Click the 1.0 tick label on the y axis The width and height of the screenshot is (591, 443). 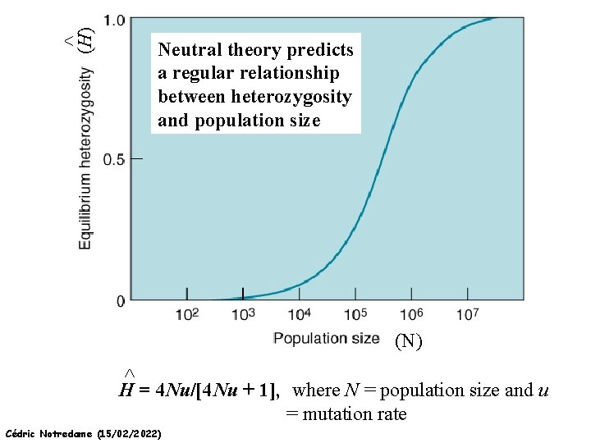pyautogui.click(x=115, y=19)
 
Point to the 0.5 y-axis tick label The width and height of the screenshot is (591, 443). pyautogui.click(x=114, y=158)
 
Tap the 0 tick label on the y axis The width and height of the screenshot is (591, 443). pyautogui.click(x=121, y=301)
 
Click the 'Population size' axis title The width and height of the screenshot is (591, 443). pyautogui.click(x=326, y=338)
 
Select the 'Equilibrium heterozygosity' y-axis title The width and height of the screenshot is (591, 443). pyautogui.click(x=85, y=158)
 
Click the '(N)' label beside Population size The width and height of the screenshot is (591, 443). pyautogui.click(x=408, y=341)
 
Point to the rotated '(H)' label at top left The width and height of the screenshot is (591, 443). pyautogui.click(x=84, y=37)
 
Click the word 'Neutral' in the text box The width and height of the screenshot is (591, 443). pyautogui.click(x=190, y=50)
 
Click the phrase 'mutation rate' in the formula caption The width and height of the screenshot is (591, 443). pyautogui.click(x=355, y=414)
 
